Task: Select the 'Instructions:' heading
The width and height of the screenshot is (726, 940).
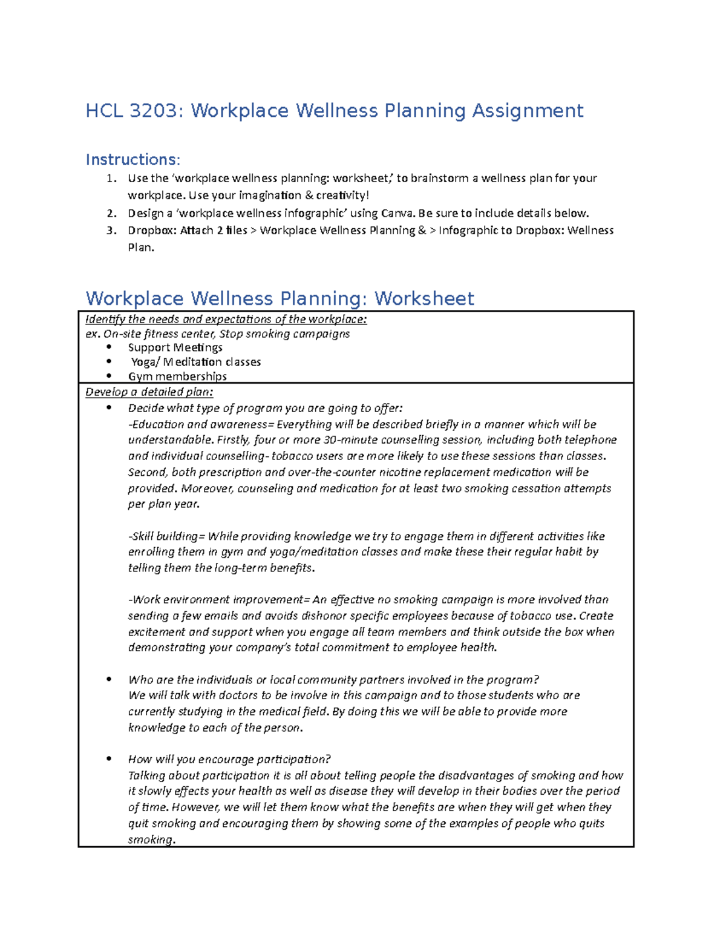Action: click(132, 160)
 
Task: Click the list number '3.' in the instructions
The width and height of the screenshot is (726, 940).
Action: click(111, 231)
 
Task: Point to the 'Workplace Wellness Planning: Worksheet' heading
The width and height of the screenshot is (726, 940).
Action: click(280, 298)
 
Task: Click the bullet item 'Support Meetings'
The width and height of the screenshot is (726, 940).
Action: click(175, 347)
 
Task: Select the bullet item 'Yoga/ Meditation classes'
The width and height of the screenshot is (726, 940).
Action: click(196, 362)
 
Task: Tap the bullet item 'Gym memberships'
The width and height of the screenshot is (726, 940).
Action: click(177, 376)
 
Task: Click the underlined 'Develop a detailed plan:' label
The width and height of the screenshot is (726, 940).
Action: click(149, 392)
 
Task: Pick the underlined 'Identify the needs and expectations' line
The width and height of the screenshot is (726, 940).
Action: click(226, 320)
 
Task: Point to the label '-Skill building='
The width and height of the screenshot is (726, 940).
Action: click(167, 536)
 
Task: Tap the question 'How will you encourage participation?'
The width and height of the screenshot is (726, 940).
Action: click(229, 760)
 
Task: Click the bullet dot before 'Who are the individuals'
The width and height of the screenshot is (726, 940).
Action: click(109, 680)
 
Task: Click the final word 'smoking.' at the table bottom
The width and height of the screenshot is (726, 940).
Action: click(151, 840)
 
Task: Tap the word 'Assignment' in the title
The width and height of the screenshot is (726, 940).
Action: click(528, 111)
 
